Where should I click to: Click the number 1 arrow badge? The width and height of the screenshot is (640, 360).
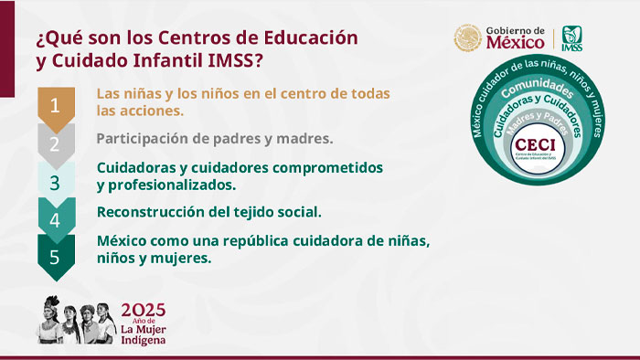[x=55, y=105]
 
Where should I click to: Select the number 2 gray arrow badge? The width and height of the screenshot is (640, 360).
[x=55, y=143]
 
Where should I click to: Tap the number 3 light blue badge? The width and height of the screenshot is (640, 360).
[x=55, y=182]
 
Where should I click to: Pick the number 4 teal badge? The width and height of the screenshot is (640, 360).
[x=55, y=220]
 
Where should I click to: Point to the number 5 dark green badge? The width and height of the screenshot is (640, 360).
[x=55, y=257]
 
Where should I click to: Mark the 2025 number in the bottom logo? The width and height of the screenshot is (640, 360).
[x=144, y=309]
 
